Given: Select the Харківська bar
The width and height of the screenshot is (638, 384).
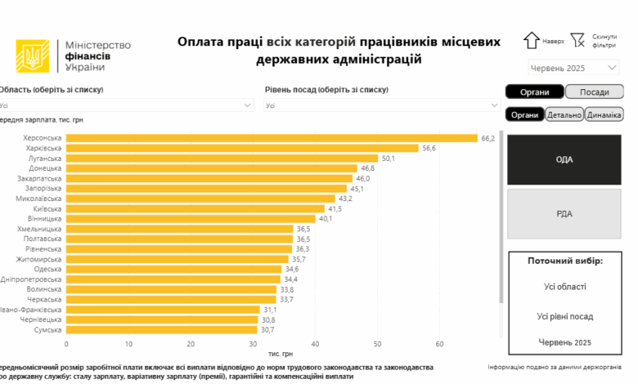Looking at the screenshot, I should (x=242, y=148).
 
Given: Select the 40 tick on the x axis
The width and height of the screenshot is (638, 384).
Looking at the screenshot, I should (x=315, y=343).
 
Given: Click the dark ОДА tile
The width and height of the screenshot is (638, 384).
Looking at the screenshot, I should (x=564, y=159).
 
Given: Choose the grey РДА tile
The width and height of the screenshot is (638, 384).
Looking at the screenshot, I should (x=564, y=214).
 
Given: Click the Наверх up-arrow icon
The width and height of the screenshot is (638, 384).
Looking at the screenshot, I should (x=531, y=40).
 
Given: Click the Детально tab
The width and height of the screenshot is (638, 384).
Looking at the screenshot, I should (x=564, y=115).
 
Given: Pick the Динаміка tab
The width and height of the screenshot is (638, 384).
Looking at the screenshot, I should (x=604, y=115).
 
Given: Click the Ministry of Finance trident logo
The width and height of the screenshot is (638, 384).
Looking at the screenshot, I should (x=33, y=56).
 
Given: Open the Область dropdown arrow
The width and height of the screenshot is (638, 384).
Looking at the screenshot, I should (x=248, y=105).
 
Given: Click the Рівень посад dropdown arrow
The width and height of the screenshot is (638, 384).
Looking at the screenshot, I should (x=494, y=105).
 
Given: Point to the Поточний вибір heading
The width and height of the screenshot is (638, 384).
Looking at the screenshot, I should (x=564, y=261).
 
